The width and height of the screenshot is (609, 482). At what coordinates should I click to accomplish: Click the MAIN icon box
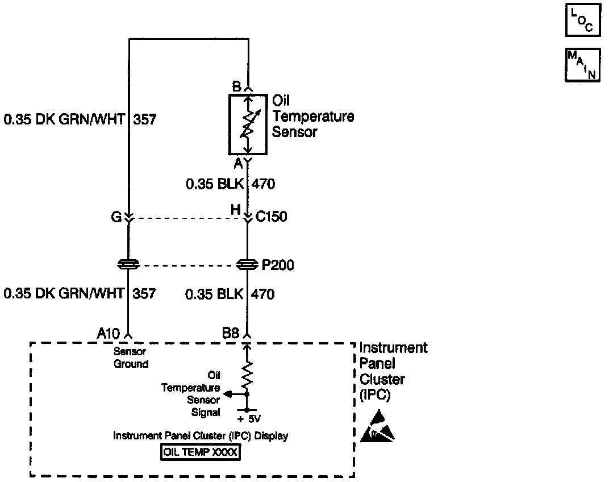pyautogui.click(x=582, y=65)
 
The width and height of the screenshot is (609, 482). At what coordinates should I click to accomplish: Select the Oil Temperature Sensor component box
pyautogui.click(x=248, y=124)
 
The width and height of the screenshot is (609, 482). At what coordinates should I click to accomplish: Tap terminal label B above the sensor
pyautogui.click(x=237, y=87)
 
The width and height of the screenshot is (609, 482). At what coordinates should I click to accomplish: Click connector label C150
pyautogui.click(x=272, y=217)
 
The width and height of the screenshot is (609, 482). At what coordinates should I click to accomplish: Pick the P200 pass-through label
pyautogui.click(x=278, y=265)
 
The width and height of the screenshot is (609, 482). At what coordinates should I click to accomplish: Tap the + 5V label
pyautogui.click(x=249, y=419)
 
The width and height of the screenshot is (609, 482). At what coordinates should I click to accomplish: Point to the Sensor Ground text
pyautogui.click(x=130, y=358)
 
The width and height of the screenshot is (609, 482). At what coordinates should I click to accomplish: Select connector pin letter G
pyautogui.click(x=116, y=217)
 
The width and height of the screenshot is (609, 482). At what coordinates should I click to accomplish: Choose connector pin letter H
pyautogui.click(x=236, y=210)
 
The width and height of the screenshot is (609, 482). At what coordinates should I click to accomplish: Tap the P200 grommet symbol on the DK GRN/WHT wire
pyautogui.click(x=129, y=264)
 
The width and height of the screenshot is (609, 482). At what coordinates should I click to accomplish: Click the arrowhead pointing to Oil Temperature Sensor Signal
pyautogui.click(x=227, y=393)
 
